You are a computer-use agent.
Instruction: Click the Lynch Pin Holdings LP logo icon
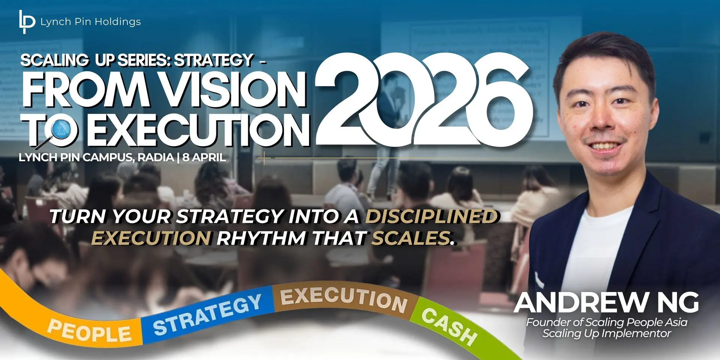(x=27, y=22)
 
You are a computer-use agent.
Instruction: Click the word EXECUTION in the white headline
(x=198, y=130)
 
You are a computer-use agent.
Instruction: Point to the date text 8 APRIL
(x=204, y=157)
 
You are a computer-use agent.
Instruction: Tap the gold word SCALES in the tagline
(x=413, y=238)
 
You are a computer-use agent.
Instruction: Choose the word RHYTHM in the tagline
(x=261, y=238)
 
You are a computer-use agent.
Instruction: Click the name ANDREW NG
(x=606, y=303)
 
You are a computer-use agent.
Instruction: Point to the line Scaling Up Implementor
(x=607, y=333)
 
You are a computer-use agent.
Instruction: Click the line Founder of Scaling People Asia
(x=607, y=322)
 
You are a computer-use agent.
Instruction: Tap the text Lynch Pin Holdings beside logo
(x=91, y=22)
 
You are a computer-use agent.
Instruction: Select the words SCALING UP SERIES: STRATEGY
(x=137, y=60)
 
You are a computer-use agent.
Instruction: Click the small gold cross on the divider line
(x=264, y=158)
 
